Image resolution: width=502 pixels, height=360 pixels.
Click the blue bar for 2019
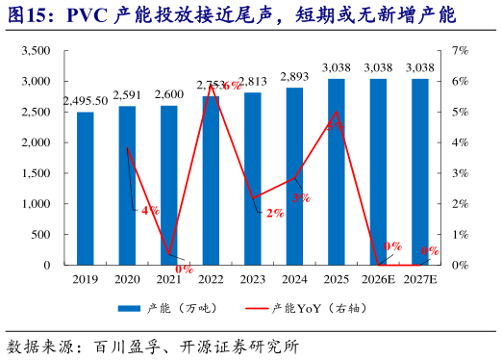(86, 188)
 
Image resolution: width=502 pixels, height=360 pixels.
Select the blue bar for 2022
(211, 180)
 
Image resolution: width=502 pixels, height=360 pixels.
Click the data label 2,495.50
(86, 101)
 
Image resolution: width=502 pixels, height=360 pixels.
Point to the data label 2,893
(294, 77)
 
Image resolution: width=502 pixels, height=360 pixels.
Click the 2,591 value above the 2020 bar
(127, 94)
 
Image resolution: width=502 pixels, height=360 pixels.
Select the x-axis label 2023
(252, 278)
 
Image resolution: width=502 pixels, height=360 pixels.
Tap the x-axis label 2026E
(378, 278)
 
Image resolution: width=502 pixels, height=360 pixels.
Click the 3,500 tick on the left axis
(36, 51)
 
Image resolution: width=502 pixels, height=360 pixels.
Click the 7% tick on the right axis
(460, 51)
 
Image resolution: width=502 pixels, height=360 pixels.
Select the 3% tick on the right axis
(460, 173)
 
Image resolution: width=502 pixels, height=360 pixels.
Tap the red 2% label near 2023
(275, 213)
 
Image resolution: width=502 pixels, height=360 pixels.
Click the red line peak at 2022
(211, 86)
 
